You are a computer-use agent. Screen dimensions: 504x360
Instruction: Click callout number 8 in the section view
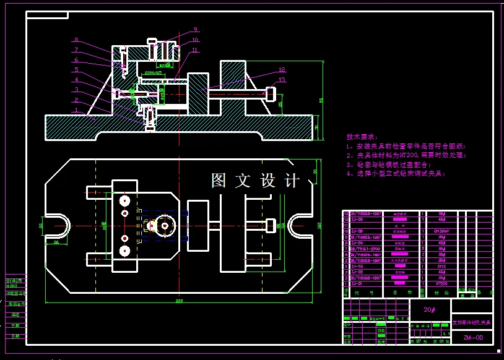pyautogui.click(x=76, y=40)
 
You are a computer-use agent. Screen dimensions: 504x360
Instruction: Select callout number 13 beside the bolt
pyautogui.click(x=282, y=80)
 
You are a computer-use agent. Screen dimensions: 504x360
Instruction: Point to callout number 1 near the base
pyautogui.click(x=76, y=110)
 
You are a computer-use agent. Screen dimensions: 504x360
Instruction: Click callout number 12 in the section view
pyautogui.click(x=282, y=71)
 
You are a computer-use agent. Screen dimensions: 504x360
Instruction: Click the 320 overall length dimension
pyautogui.click(x=180, y=301)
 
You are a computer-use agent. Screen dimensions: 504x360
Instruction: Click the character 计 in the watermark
pyautogui.click(x=292, y=181)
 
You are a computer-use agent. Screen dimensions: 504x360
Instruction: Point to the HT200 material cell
pyautogui.click(x=442, y=283)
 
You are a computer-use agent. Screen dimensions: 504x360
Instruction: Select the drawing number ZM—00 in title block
pyautogui.click(x=472, y=338)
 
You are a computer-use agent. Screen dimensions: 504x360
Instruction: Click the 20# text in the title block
pyautogui.click(x=430, y=309)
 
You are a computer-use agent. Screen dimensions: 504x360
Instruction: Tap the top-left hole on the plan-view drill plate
pyautogui.click(x=125, y=200)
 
